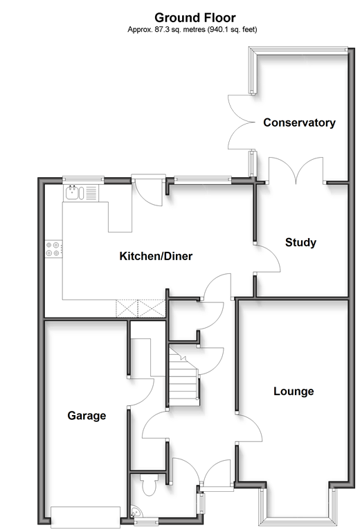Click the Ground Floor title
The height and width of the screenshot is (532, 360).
click(195, 17)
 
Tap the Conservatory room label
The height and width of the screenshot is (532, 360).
click(299, 122)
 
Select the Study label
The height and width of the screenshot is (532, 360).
click(300, 242)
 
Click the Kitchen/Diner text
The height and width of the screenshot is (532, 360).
click(156, 256)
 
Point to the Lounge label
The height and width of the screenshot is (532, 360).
click(294, 391)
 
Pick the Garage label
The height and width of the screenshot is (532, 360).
click(87, 416)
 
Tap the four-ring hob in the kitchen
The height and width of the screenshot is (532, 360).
click(54, 248)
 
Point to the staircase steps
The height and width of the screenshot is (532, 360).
click(183, 376)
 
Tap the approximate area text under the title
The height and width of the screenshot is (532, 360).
click(192, 30)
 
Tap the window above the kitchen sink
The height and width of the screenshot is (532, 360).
click(83, 179)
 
